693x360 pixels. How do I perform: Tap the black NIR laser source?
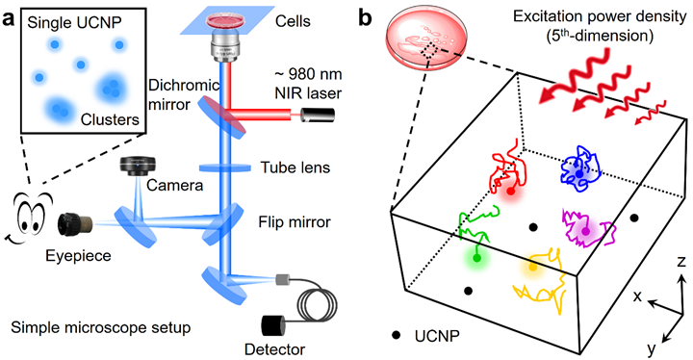(x=319, y=115)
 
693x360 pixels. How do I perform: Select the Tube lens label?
(x=295, y=167)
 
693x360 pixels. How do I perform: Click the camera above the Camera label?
(x=139, y=167)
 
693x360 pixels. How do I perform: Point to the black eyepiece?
(x=74, y=223)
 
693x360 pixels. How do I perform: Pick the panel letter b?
(x=365, y=18)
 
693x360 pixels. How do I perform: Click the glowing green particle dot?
(x=476, y=258)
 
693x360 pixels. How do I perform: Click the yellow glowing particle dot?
(x=532, y=267)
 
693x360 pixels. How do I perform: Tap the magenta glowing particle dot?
(x=585, y=230)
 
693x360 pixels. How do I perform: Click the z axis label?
(x=681, y=262)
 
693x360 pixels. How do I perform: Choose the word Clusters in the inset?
(x=110, y=119)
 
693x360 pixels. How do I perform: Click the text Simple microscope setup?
(x=101, y=327)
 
